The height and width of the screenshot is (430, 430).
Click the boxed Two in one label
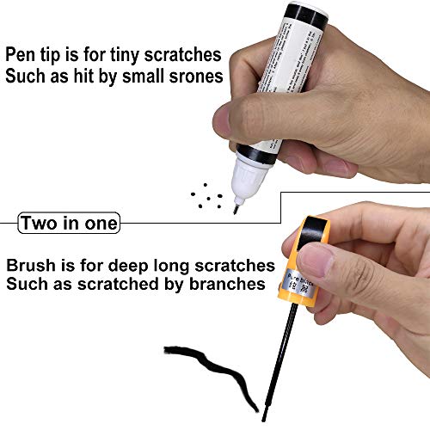70,224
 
